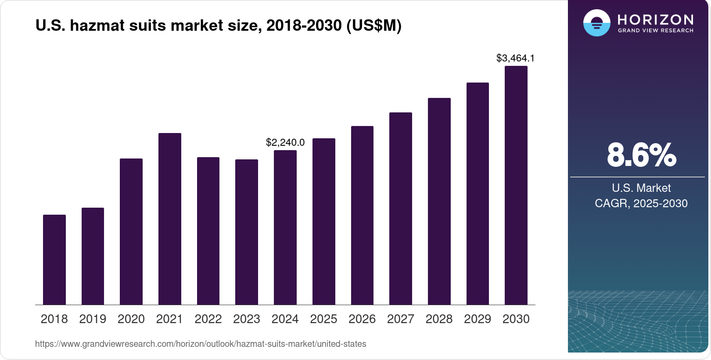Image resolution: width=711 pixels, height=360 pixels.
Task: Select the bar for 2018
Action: pyautogui.click(x=54, y=259)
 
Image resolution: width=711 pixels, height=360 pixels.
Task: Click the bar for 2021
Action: pyautogui.click(x=170, y=219)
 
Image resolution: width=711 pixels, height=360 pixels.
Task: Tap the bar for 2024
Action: pyautogui.click(x=285, y=227)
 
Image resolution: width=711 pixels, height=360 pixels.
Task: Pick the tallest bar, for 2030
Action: pyautogui.click(x=516, y=185)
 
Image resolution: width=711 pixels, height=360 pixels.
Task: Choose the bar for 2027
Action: pyautogui.click(x=401, y=209)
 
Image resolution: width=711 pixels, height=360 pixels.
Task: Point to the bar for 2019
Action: pyautogui.click(x=93, y=256)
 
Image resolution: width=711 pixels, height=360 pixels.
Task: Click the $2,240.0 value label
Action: pyautogui.click(x=285, y=142)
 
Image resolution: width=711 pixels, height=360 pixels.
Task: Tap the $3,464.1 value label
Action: pyautogui.click(x=515, y=58)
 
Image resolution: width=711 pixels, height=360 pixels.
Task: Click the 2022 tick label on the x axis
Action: pyautogui.click(x=208, y=319)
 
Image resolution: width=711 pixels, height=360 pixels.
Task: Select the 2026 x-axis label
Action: pyautogui.click(x=362, y=319)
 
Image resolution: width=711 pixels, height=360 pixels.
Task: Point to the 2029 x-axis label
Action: pyautogui.click(x=478, y=319)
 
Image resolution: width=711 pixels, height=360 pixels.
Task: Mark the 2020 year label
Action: pyautogui.click(x=131, y=319)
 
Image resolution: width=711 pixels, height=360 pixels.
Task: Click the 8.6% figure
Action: pyautogui.click(x=641, y=155)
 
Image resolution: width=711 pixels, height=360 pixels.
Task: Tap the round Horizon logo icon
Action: pyautogui.click(x=596, y=23)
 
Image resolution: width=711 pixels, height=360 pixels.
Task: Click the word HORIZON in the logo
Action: pyautogui.click(x=655, y=19)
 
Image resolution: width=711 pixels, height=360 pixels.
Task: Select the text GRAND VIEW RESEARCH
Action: pyautogui.click(x=655, y=31)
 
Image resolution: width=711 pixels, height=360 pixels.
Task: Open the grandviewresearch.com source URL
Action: pyautogui.click(x=201, y=344)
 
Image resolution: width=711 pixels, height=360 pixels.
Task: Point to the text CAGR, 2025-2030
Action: pyautogui.click(x=641, y=203)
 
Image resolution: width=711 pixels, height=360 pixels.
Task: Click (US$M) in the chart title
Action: pyautogui.click(x=374, y=25)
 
